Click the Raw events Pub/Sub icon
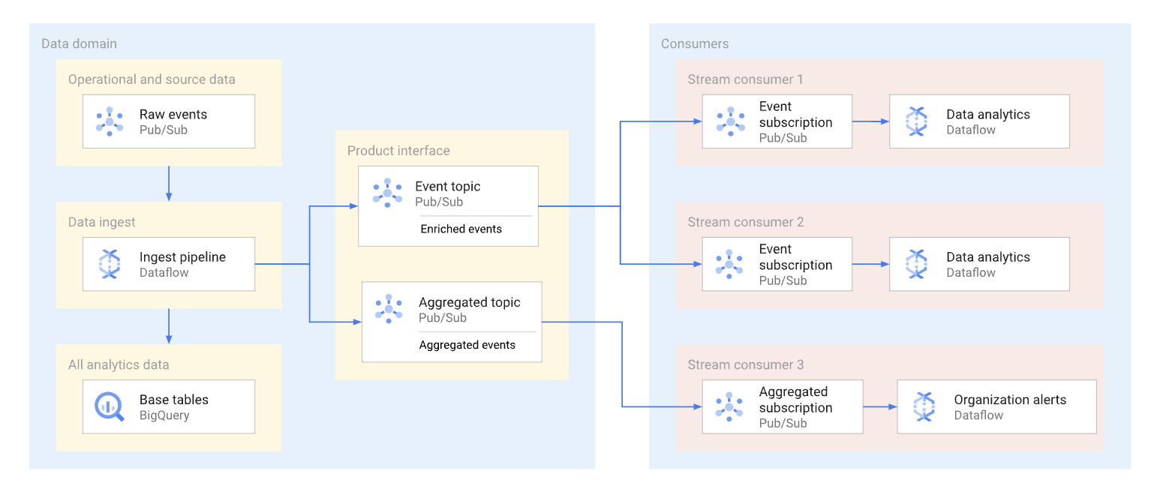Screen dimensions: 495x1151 click(110, 121)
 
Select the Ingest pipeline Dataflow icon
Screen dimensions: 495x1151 click(110, 264)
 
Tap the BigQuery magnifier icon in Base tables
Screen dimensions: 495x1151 click(110, 406)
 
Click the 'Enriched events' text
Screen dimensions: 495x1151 click(461, 229)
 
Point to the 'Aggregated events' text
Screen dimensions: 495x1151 click(467, 345)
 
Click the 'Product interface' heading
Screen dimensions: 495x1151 click(398, 151)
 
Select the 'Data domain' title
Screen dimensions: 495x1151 click(79, 43)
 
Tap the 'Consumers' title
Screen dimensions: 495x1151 click(694, 43)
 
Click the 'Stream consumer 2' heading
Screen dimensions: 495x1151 click(745, 222)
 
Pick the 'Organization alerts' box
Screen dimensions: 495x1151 click(996, 406)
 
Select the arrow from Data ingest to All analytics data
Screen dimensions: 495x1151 click(169, 326)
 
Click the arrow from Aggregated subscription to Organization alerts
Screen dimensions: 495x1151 click(879, 406)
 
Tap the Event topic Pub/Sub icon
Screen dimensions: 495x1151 click(387, 193)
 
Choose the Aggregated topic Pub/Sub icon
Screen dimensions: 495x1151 click(389, 309)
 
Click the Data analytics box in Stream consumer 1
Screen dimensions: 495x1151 click(978, 121)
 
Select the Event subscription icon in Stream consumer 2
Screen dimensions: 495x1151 click(729, 264)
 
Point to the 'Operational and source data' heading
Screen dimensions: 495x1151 click(152, 79)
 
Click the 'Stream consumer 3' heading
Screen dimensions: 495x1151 click(745, 364)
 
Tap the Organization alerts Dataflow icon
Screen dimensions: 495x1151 click(924, 406)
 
